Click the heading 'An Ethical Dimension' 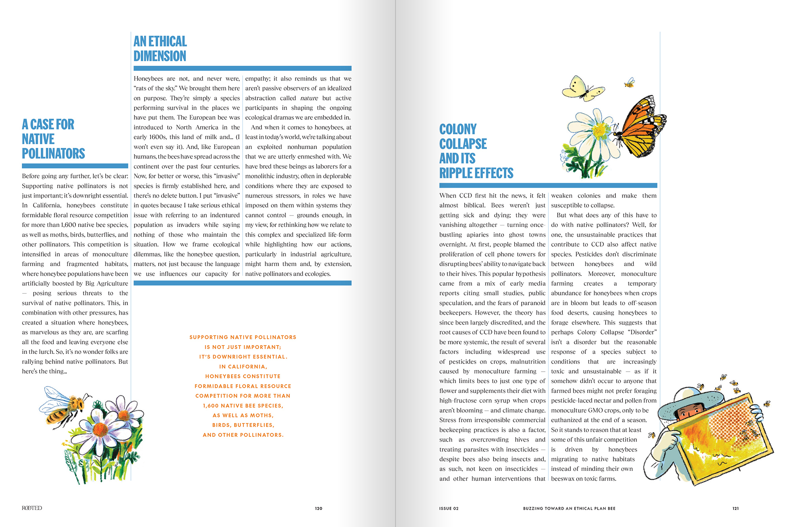click(160, 49)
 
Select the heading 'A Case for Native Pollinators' click(53, 139)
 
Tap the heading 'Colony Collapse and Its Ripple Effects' click(476, 151)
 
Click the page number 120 click(318, 508)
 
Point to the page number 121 click(735, 508)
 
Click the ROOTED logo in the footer click(32, 508)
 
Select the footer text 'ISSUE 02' click(448, 508)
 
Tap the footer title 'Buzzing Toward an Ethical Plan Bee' click(569, 508)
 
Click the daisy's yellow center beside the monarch click(600, 129)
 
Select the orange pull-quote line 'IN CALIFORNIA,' click(243, 366)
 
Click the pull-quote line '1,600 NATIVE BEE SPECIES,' click(243, 406)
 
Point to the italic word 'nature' click(309, 98)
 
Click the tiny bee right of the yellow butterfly click(629, 83)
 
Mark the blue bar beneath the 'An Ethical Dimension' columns click(242, 283)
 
